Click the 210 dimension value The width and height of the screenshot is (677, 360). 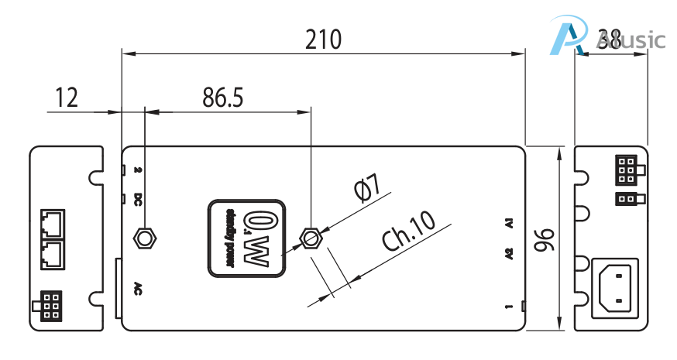(x=322, y=39)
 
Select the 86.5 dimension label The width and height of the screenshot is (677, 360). (x=222, y=98)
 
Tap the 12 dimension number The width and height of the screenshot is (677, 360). (x=67, y=98)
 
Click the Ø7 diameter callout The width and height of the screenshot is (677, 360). (x=365, y=188)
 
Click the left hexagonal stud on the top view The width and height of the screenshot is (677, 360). (x=145, y=237)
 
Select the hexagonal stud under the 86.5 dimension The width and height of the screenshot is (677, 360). (x=311, y=237)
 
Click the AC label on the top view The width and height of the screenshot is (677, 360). (x=137, y=287)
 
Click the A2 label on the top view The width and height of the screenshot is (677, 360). (x=508, y=253)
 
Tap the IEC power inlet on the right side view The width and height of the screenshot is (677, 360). (x=615, y=287)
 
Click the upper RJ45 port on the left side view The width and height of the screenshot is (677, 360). (x=52, y=223)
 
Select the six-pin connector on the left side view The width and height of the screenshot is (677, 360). (x=50, y=305)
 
